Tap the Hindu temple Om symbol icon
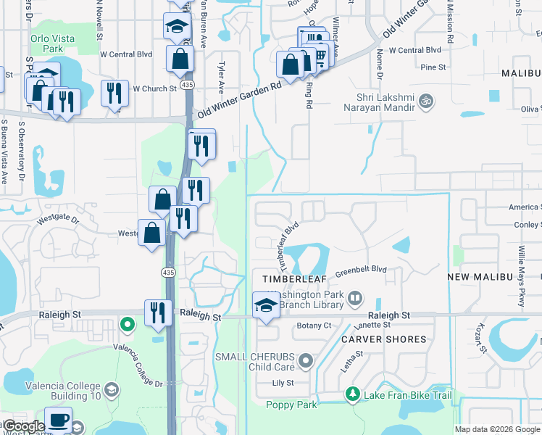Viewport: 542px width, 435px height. coord(427,102)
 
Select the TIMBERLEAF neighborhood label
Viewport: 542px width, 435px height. coord(288,278)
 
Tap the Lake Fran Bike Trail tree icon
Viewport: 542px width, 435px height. coord(353,394)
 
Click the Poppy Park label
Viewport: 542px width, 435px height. coord(291,405)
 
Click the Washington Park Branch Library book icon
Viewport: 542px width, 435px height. coord(355,297)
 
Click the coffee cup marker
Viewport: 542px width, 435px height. coord(57,420)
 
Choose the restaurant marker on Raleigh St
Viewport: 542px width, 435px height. coord(157,312)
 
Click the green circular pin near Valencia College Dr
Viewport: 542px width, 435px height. coord(128,324)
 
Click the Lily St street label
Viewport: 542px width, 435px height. coord(283,383)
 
